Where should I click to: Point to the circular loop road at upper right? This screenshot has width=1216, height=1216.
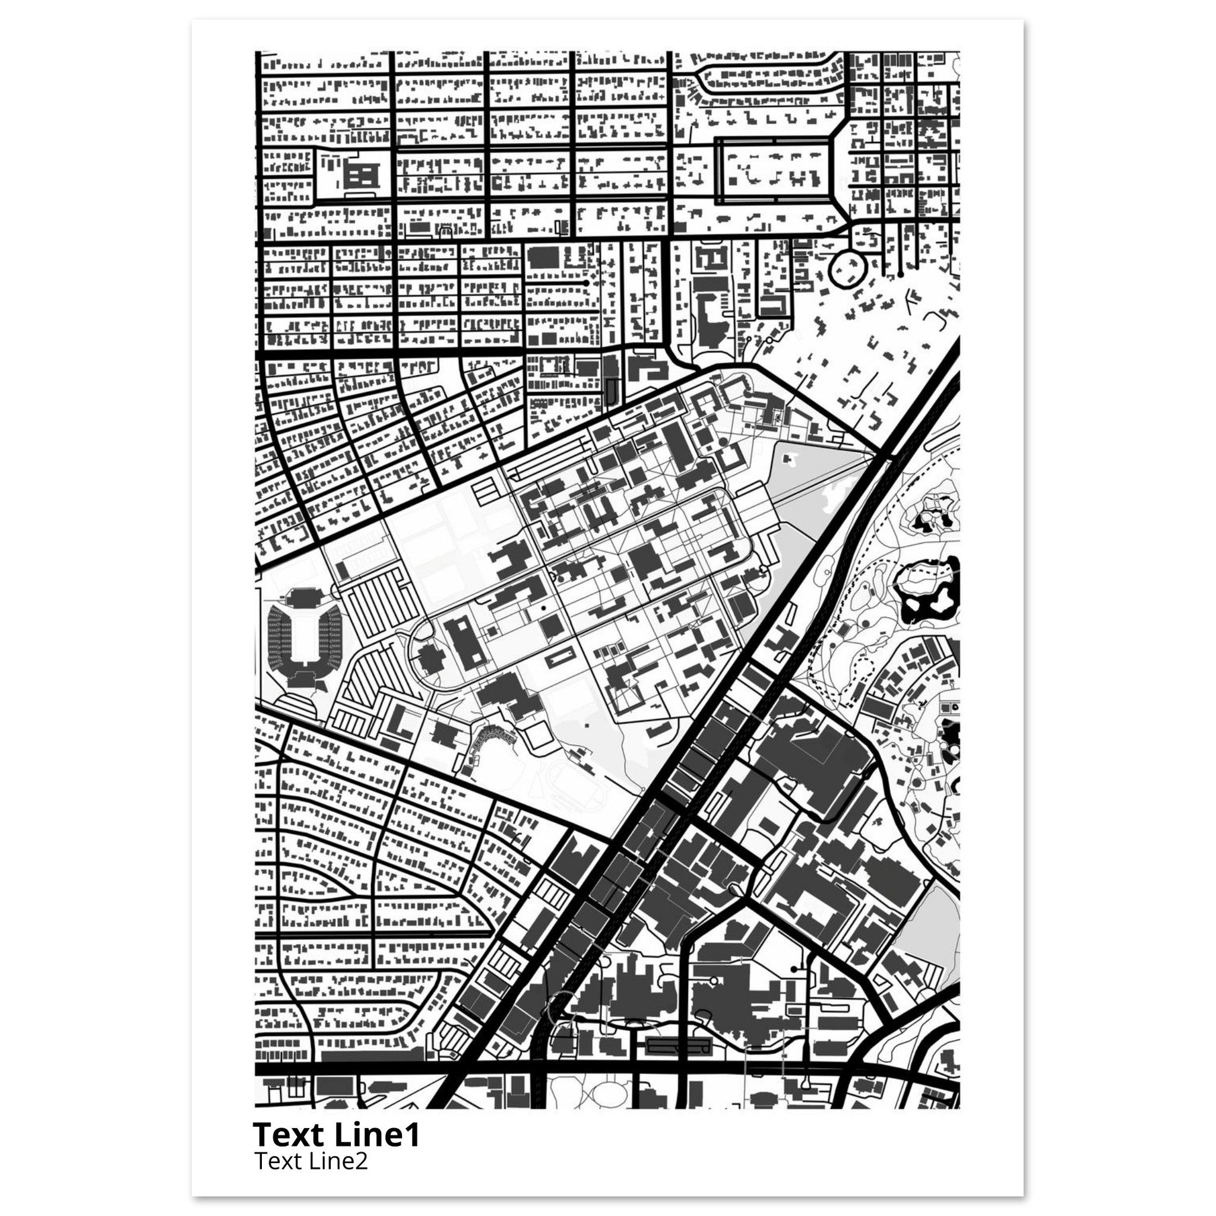coord(847,270)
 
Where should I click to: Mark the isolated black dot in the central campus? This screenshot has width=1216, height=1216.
coord(543,609)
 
